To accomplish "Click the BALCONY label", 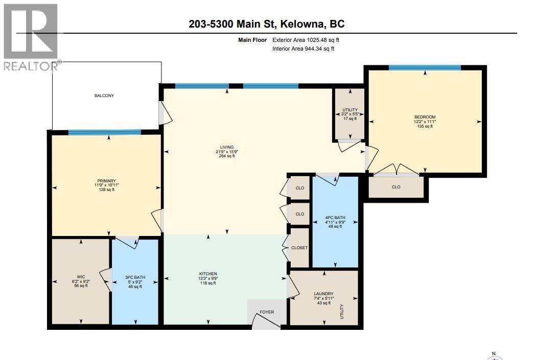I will (x=104, y=95).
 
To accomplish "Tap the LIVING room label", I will (x=226, y=147).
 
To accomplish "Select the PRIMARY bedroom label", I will (x=107, y=180).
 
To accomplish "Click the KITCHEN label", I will (x=208, y=274).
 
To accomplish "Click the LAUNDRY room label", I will (x=323, y=293).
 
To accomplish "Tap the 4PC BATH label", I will (x=335, y=217).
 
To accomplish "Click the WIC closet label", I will (x=81, y=276).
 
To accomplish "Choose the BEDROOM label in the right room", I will (x=425, y=117).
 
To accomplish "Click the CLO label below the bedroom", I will (x=396, y=187).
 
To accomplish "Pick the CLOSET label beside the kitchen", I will (x=299, y=248).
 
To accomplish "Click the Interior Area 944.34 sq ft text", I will (x=304, y=49).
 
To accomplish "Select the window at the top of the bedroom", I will (x=425, y=67).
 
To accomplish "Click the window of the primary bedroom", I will (x=105, y=132).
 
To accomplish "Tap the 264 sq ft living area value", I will (x=226, y=156).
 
